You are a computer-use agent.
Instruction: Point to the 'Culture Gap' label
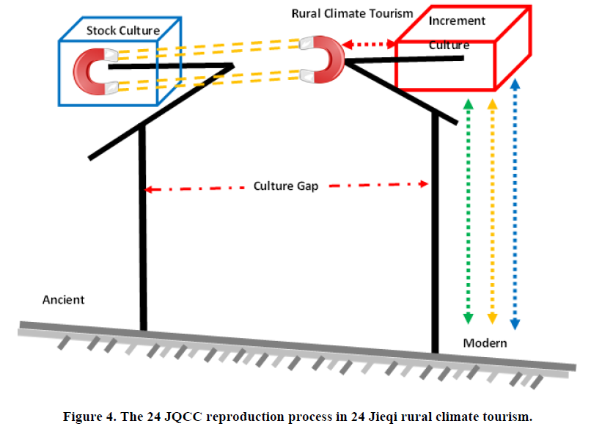click(286, 186)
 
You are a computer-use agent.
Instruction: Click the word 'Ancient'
click(64, 299)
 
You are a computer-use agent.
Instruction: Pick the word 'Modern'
click(485, 343)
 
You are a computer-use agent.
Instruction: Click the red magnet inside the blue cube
click(93, 71)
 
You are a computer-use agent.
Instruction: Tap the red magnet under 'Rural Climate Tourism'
click(324, 60)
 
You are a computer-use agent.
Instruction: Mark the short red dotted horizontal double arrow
click(370, 45)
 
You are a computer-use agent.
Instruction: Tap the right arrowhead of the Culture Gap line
click(424, 184)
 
